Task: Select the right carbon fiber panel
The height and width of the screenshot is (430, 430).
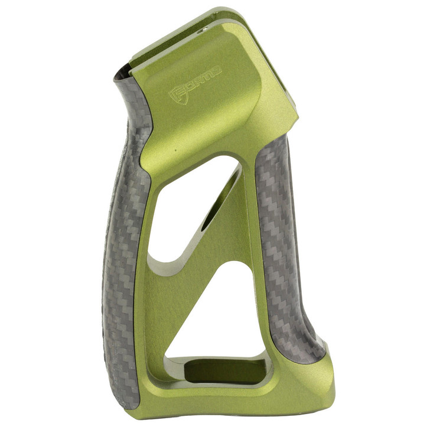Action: [286, 248]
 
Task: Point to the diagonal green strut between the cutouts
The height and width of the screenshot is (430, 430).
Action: [227, 236]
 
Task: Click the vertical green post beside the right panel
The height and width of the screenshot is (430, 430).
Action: [257, 236]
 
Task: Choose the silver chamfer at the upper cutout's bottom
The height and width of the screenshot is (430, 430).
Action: [177, 263]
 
